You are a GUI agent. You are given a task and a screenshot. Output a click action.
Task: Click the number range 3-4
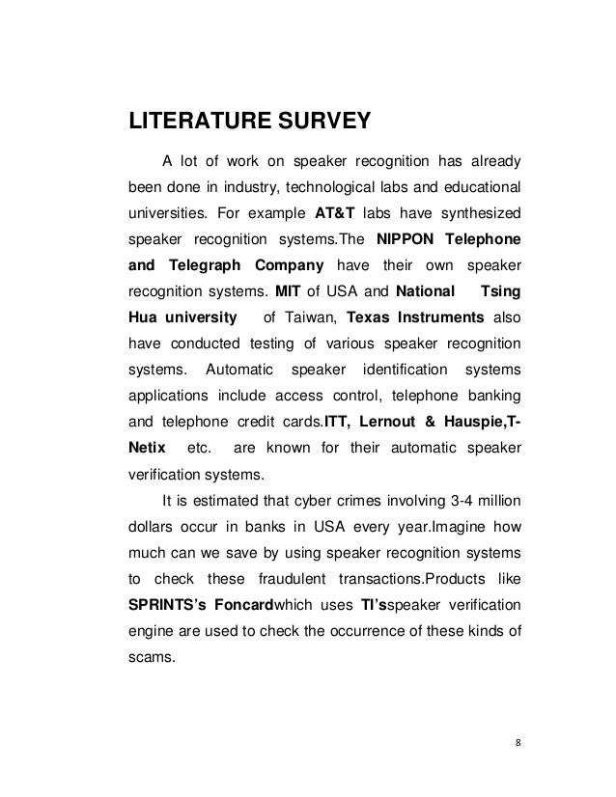coord(455,500)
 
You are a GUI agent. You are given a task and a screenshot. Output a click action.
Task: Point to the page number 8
coord(517,744)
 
